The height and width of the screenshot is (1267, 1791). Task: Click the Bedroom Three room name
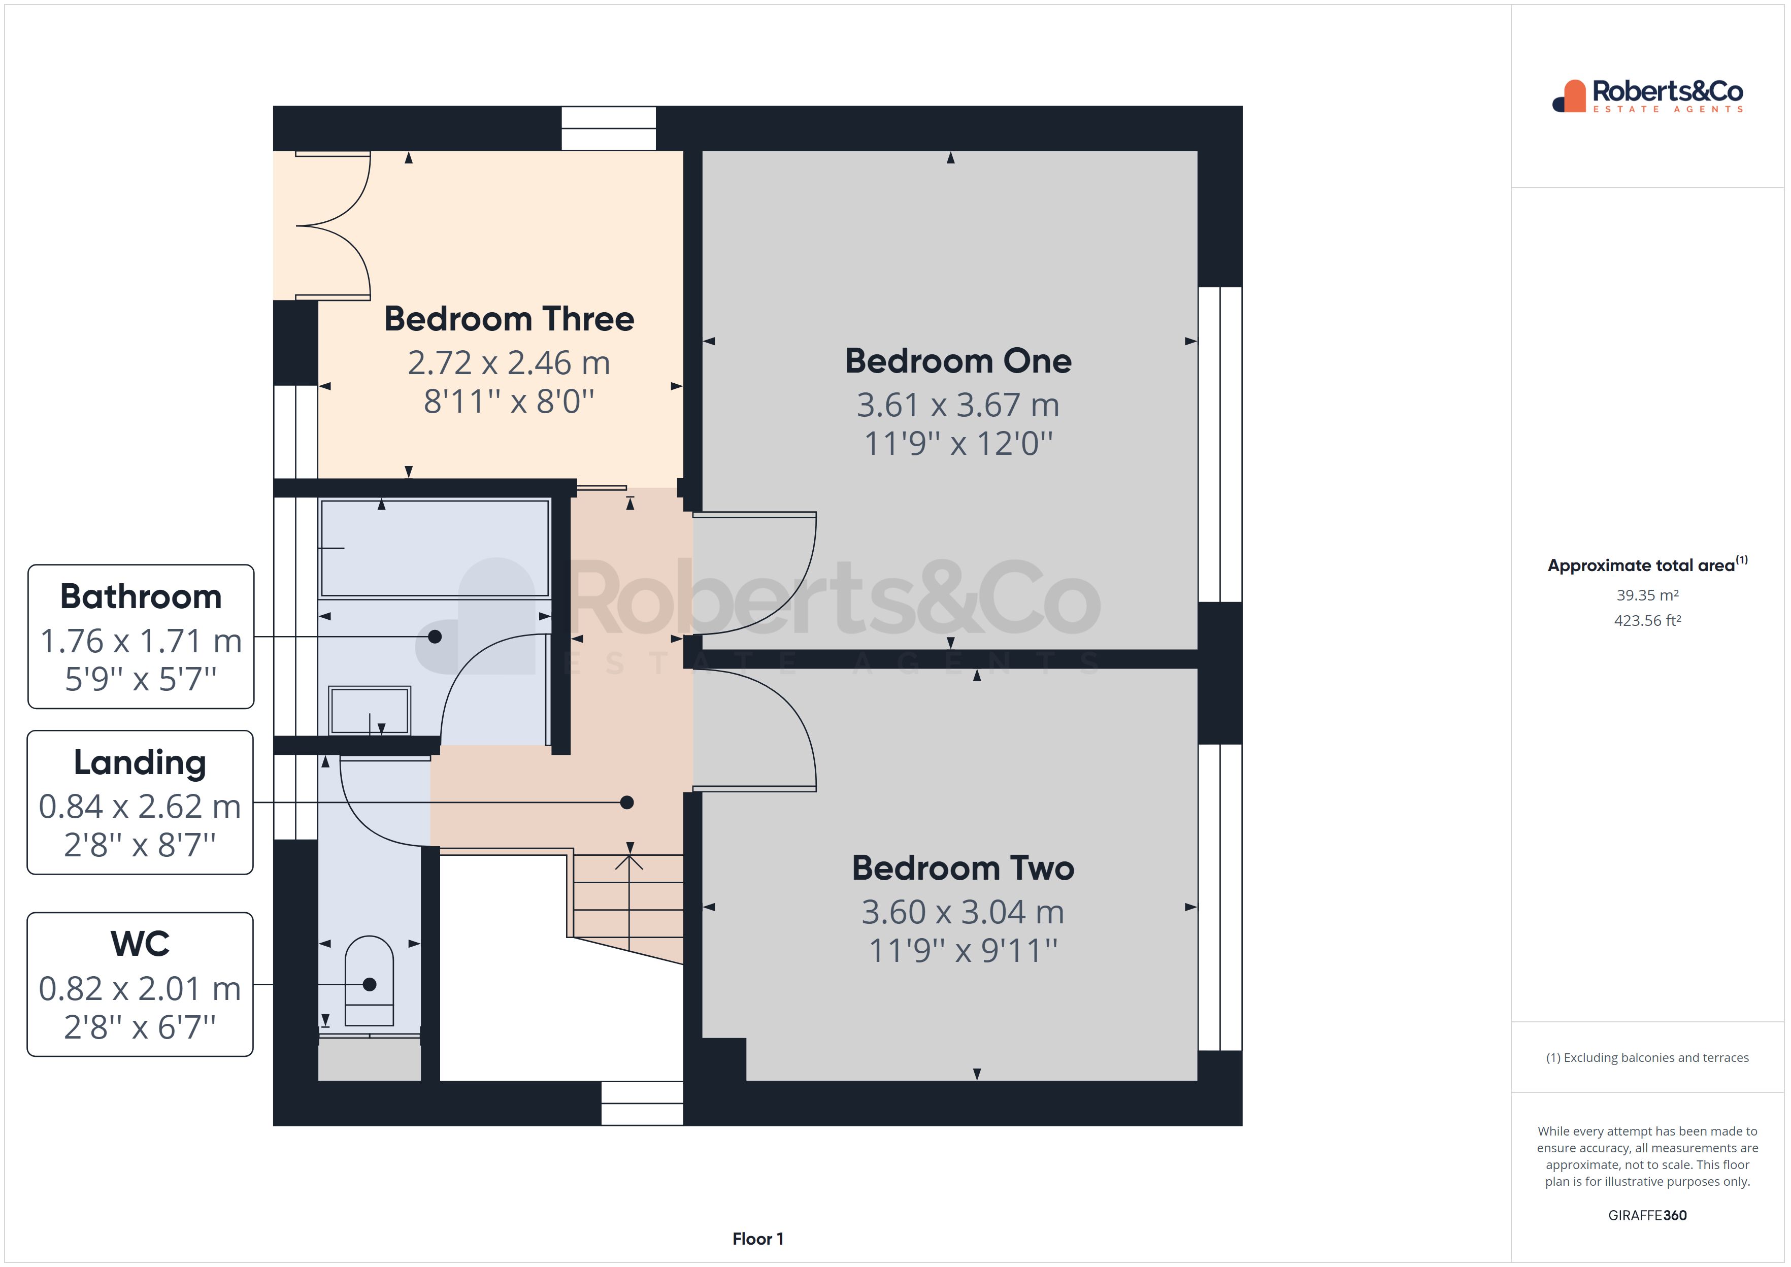(x=509, y=319)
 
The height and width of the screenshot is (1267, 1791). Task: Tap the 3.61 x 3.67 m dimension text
(x=958, y=405)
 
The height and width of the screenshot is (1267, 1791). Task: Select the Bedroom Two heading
(x=963, y=869)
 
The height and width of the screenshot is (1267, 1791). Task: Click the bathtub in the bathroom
(x=435, y=548)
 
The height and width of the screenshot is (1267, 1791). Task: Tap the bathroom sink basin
(x=369, y=710)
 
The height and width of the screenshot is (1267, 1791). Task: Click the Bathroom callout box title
(x=141, y=597)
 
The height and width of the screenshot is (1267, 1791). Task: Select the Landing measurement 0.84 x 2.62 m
(x=141, y=807)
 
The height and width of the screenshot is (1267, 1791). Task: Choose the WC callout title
(x=141, y=944)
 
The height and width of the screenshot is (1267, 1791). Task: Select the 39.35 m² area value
(x=1647, y=595)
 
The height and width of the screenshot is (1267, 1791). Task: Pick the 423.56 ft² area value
(x=1647, y=621)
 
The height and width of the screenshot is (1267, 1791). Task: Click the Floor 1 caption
(x=757, y=1239)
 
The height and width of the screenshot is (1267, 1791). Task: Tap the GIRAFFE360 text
(x=1647, y=1216)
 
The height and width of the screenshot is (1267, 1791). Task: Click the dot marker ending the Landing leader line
(x=626, y=802)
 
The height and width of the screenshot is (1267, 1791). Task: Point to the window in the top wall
(x=609, y=128)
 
